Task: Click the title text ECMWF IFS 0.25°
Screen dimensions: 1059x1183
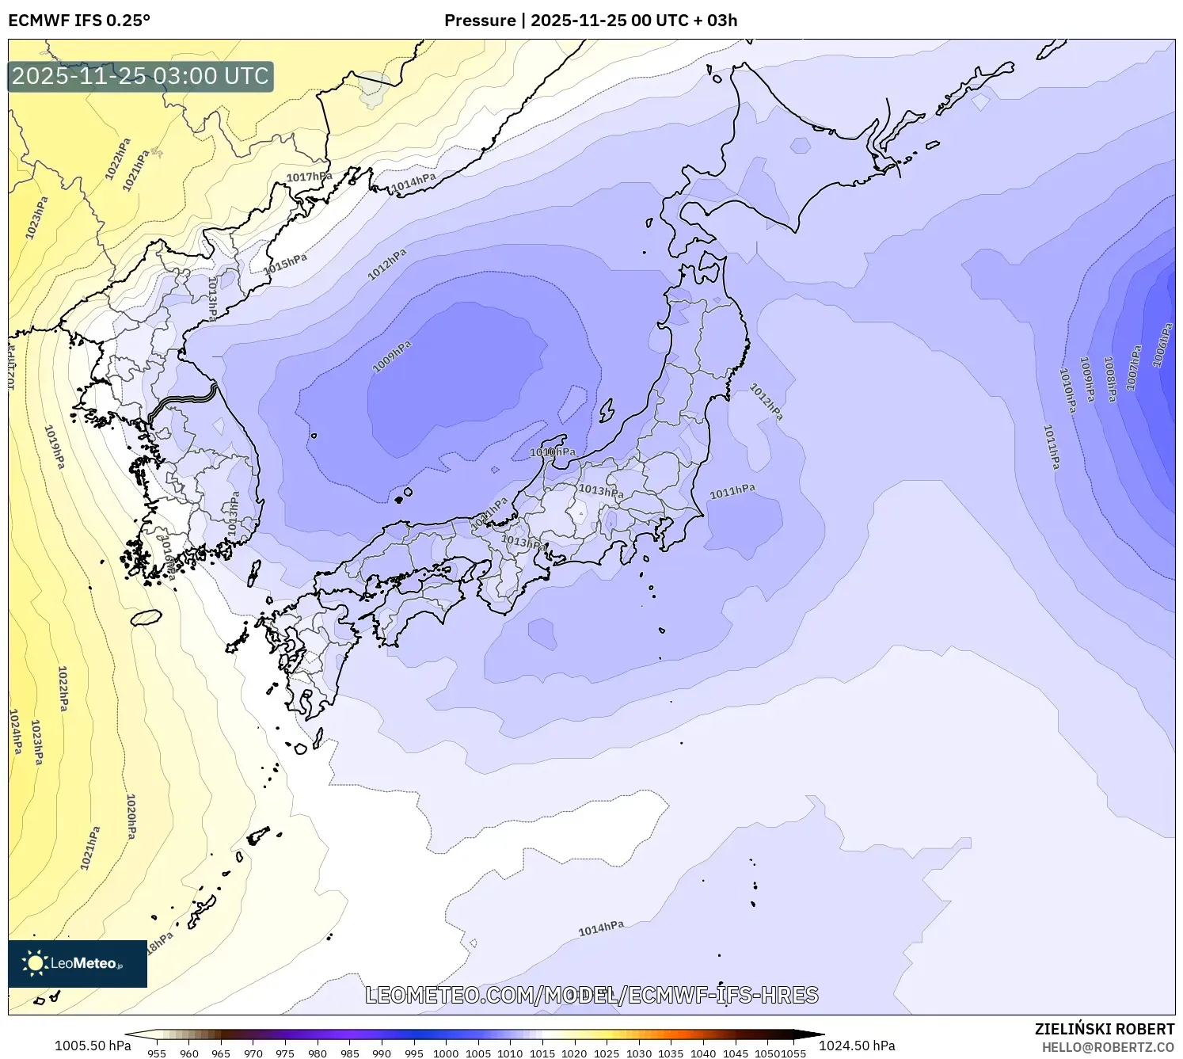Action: pyautogui.click(x=79, y=21)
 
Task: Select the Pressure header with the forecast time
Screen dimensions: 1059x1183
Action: pyautogui.click(x=591, y=21)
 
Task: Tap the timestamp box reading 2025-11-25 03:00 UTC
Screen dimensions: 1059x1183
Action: pyautogui.click(x=140, y=76)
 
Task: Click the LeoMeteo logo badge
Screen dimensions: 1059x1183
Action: pyautogui.click(x=78, y=963)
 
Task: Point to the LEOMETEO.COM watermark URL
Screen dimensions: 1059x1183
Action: pyautogui.click(x=591, y=995)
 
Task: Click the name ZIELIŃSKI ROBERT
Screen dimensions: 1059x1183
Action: pyautogui.click(x=1105, y=1029)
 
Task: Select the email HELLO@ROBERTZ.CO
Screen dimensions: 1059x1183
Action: pyautogui.click(x=1108, y=1046)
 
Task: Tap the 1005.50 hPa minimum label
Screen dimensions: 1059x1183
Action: pyautogui.click(x=93, y=1046)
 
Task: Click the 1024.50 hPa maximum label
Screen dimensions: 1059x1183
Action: pyautogui.click(x=857, y=1046)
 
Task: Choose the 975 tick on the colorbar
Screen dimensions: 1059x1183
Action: pyautogui.click(x=285, y=1053)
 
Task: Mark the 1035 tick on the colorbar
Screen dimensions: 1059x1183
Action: pyautogui.click(x=671, y=1053)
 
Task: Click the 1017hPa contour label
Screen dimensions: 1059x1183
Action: pyautogui.click(x=309, y=177)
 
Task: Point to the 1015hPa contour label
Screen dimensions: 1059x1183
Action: pyautogui.click(x=285, y=263)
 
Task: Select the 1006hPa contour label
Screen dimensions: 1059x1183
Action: pyautogui.click(x=1162, y=345)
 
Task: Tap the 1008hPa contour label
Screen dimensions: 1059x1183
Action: pyautogui.click(x=1110, y=379)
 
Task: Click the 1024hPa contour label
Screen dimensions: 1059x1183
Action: pyautogui.click(x=15, y=731)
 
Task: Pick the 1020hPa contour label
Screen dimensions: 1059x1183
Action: pyautogui.click(x=131, y=816)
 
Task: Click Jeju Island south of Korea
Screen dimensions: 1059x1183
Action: pyautogui.click(x=146, y=617)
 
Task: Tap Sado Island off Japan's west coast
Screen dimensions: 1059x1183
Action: pyautogui.click(x=607, y=410)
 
